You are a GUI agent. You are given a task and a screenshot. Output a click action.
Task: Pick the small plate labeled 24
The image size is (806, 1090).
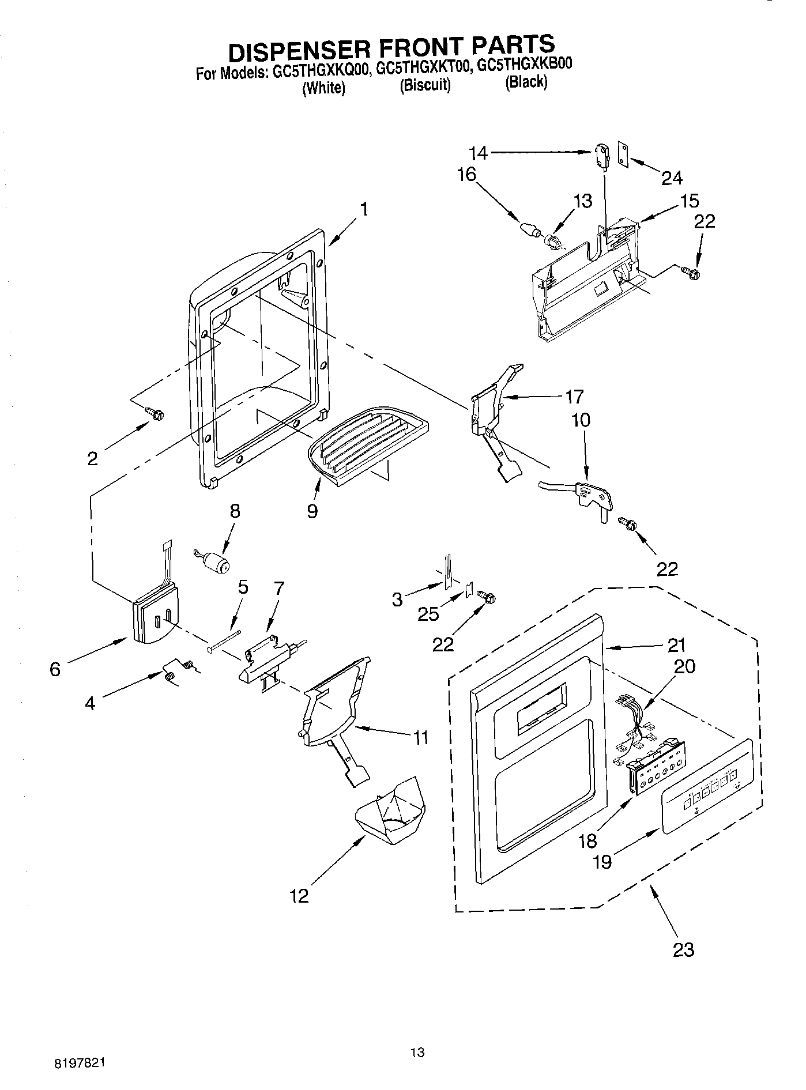[623, 153]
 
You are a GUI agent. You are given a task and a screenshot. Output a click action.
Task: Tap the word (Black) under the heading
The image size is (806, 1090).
[526, 82]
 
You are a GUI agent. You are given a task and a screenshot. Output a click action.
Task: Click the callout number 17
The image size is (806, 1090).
[575, 397]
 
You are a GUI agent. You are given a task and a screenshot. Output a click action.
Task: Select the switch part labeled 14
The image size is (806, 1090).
[601, 156]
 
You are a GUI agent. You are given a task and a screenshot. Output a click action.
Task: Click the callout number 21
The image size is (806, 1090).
[676, 644]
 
